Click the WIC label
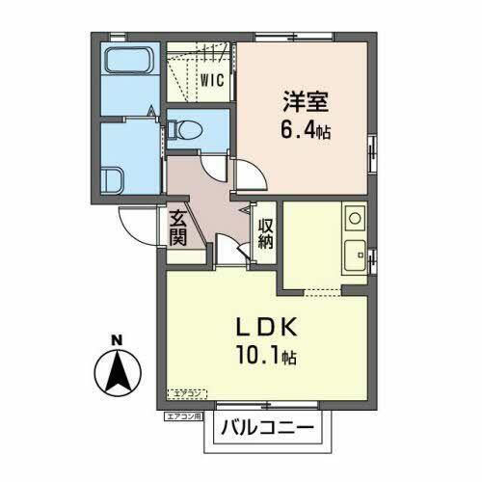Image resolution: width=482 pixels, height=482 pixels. point(212,81)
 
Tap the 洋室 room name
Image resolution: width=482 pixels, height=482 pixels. point(301,99)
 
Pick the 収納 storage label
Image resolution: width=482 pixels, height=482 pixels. point(265,231)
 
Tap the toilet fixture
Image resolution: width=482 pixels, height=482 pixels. point(186,126)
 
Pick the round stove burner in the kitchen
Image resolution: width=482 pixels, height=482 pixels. point(354,218)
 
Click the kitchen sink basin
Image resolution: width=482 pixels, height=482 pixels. point(354,254)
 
